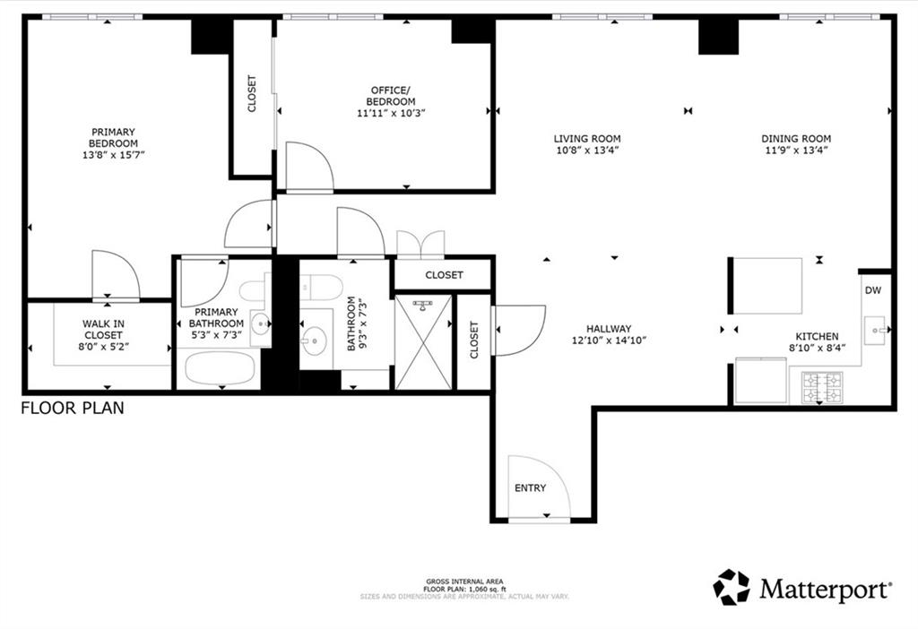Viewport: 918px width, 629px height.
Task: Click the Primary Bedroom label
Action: [x=114, y=137]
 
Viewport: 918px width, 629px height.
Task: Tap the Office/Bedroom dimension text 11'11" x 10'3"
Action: [x=391, y=113]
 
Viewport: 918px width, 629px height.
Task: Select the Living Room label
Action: [x=587, y=139]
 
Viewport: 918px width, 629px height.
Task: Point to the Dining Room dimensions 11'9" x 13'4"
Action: [x=796, y=151]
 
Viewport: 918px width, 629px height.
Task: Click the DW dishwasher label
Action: [x=873, y=290]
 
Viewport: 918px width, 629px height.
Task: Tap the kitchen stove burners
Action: [x=823, y=387]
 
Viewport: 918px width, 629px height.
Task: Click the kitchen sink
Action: [x=875, y=330]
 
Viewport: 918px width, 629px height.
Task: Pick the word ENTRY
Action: [x=531, y=488]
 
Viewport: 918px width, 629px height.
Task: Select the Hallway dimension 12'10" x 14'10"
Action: [x=609, y=340]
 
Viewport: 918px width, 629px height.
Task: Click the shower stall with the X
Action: [x=424, y=342]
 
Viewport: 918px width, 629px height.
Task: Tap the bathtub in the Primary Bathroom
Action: [x=221, y=367]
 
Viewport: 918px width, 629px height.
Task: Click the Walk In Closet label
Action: [x=103, y=330]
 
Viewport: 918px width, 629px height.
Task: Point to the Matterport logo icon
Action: [x=732, y=587]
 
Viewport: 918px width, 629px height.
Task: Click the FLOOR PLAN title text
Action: [x=73, y=408]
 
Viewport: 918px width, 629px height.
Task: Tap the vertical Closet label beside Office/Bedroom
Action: [x=252, y=93]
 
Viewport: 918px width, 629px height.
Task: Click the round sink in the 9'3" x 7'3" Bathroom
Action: [x=315, y=340]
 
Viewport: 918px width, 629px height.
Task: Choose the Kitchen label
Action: [x=817, y=336]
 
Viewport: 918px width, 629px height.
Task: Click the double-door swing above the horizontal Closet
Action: [x=420, y=244]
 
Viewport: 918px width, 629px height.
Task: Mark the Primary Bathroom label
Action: [x=216, y=318]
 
